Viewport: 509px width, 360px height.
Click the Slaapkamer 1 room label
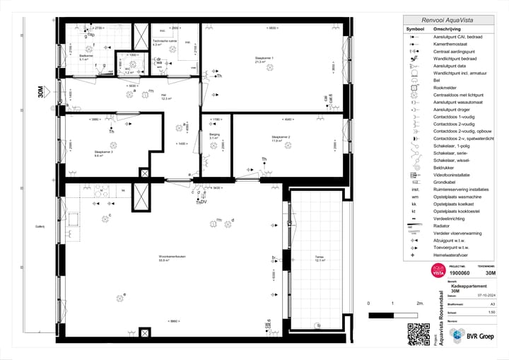264,59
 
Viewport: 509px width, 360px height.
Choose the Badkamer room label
84,57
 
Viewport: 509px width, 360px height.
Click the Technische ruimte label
164,41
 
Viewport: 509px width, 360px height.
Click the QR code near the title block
419,333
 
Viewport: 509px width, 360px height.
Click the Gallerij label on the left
40,226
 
